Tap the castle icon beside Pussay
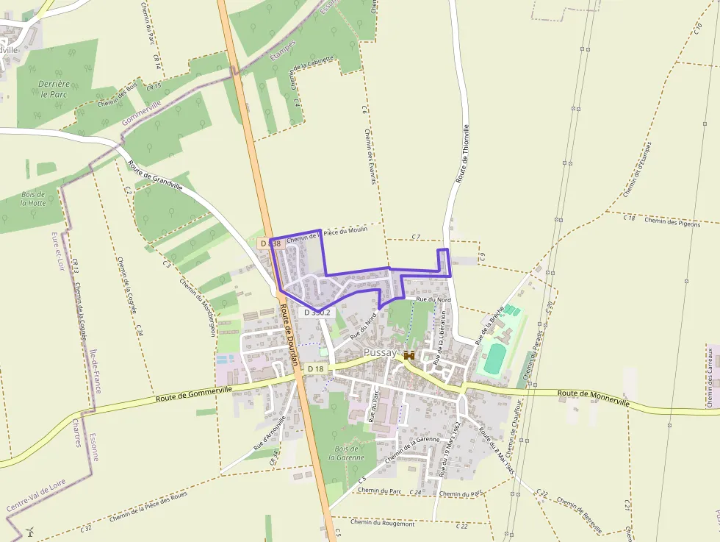click(408, 354)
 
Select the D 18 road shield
click(316, 368)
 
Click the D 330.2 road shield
click(317, 313)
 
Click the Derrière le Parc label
click(54, 89)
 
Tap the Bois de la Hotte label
click(33, 198)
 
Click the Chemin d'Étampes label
click(637, 169)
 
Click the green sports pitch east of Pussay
click(495, 358)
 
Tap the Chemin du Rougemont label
click(382, 523)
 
